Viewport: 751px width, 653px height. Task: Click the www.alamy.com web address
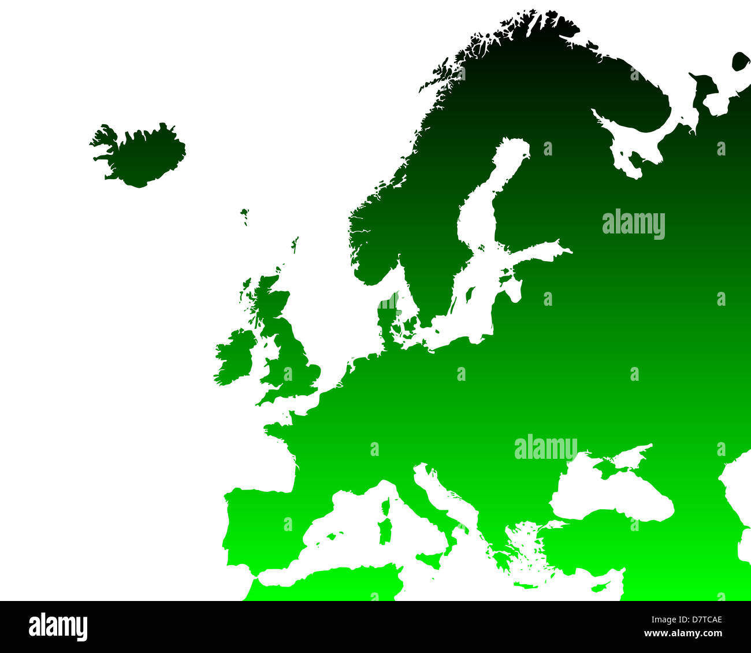point(688,633)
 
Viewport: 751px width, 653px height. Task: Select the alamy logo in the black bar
point(58,627)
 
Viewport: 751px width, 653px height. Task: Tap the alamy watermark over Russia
point(633,224)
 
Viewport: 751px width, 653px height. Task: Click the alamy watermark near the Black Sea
point(545,448)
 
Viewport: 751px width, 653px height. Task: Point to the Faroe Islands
point(245,216)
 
